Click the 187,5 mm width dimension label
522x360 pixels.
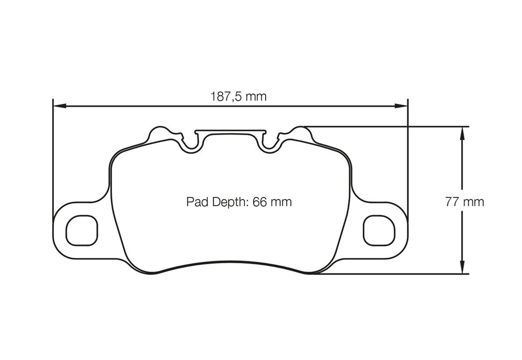point(238,97)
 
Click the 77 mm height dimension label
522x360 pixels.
point(464,202)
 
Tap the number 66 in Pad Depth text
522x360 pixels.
point(260,202)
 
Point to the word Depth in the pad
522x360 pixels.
point(227,202)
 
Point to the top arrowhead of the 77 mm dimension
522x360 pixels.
point(462,132)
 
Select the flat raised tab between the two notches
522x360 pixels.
point(230,131)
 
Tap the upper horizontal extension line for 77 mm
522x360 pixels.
point(387,126)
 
